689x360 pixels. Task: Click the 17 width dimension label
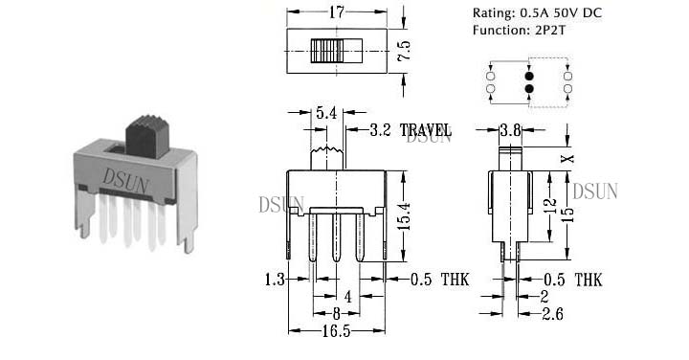coord(336,12)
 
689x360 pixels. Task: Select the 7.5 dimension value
coord(404,51)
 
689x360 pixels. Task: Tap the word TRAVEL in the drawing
coord(425,130)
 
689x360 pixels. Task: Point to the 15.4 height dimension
coord(405,216)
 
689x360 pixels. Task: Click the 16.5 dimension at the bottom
coord(336,331)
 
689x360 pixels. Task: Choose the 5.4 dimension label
coord(326,113)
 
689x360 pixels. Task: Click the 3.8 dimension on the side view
coord(510,130)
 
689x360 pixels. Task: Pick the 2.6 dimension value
coord(552,314)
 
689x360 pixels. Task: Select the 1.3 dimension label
coord(275,280)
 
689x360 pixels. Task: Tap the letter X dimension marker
coord(568,158)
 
